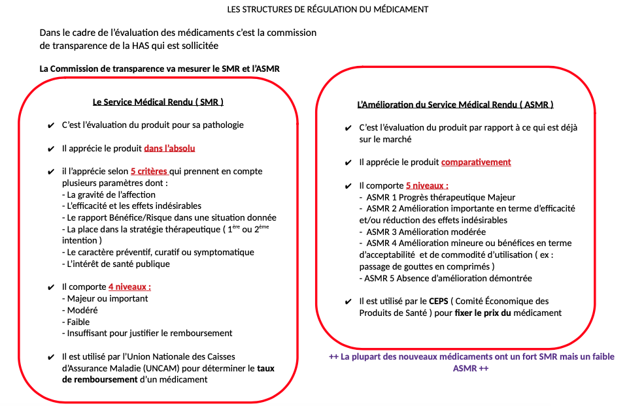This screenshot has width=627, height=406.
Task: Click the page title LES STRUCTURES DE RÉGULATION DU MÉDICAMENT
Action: (328, 9)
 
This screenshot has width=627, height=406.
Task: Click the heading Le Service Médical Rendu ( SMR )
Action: (158, 102)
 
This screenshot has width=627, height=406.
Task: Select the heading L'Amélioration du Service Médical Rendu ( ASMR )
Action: (455, 104)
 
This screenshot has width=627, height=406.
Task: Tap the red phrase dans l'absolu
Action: (169, 148)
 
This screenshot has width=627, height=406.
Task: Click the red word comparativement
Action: (476, 162)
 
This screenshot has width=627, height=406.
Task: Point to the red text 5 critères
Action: (149, 172)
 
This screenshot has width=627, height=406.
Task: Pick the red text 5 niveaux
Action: (427, 185)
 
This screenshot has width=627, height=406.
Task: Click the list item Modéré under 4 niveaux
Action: (82, 310)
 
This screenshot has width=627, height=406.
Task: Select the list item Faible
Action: (78, 322)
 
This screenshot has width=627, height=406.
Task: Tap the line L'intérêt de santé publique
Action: (116, 264)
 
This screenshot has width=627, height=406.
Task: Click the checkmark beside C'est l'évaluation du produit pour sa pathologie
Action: (51, 125)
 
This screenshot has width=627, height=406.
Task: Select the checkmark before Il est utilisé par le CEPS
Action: (348, 302)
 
